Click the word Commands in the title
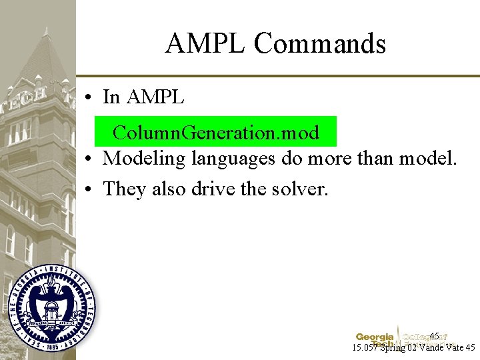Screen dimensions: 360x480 pyautogui.click(x=319, y=44)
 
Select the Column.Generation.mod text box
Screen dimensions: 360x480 pyautogui.click(x=215, y=132)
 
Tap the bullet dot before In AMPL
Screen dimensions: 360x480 pyautogui.click(x=88, y=98)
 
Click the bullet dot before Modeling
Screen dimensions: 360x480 pyautogui.click(x=88, y=159)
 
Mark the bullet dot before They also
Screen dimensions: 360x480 pyautogui.click(x=88, y=189)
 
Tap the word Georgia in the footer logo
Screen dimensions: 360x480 pyautogui.click(x=375, y=337)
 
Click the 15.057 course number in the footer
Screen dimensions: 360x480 pyautogui.click(x=366, y=348)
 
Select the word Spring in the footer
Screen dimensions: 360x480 pyautogui.click(x=393, y=348)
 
